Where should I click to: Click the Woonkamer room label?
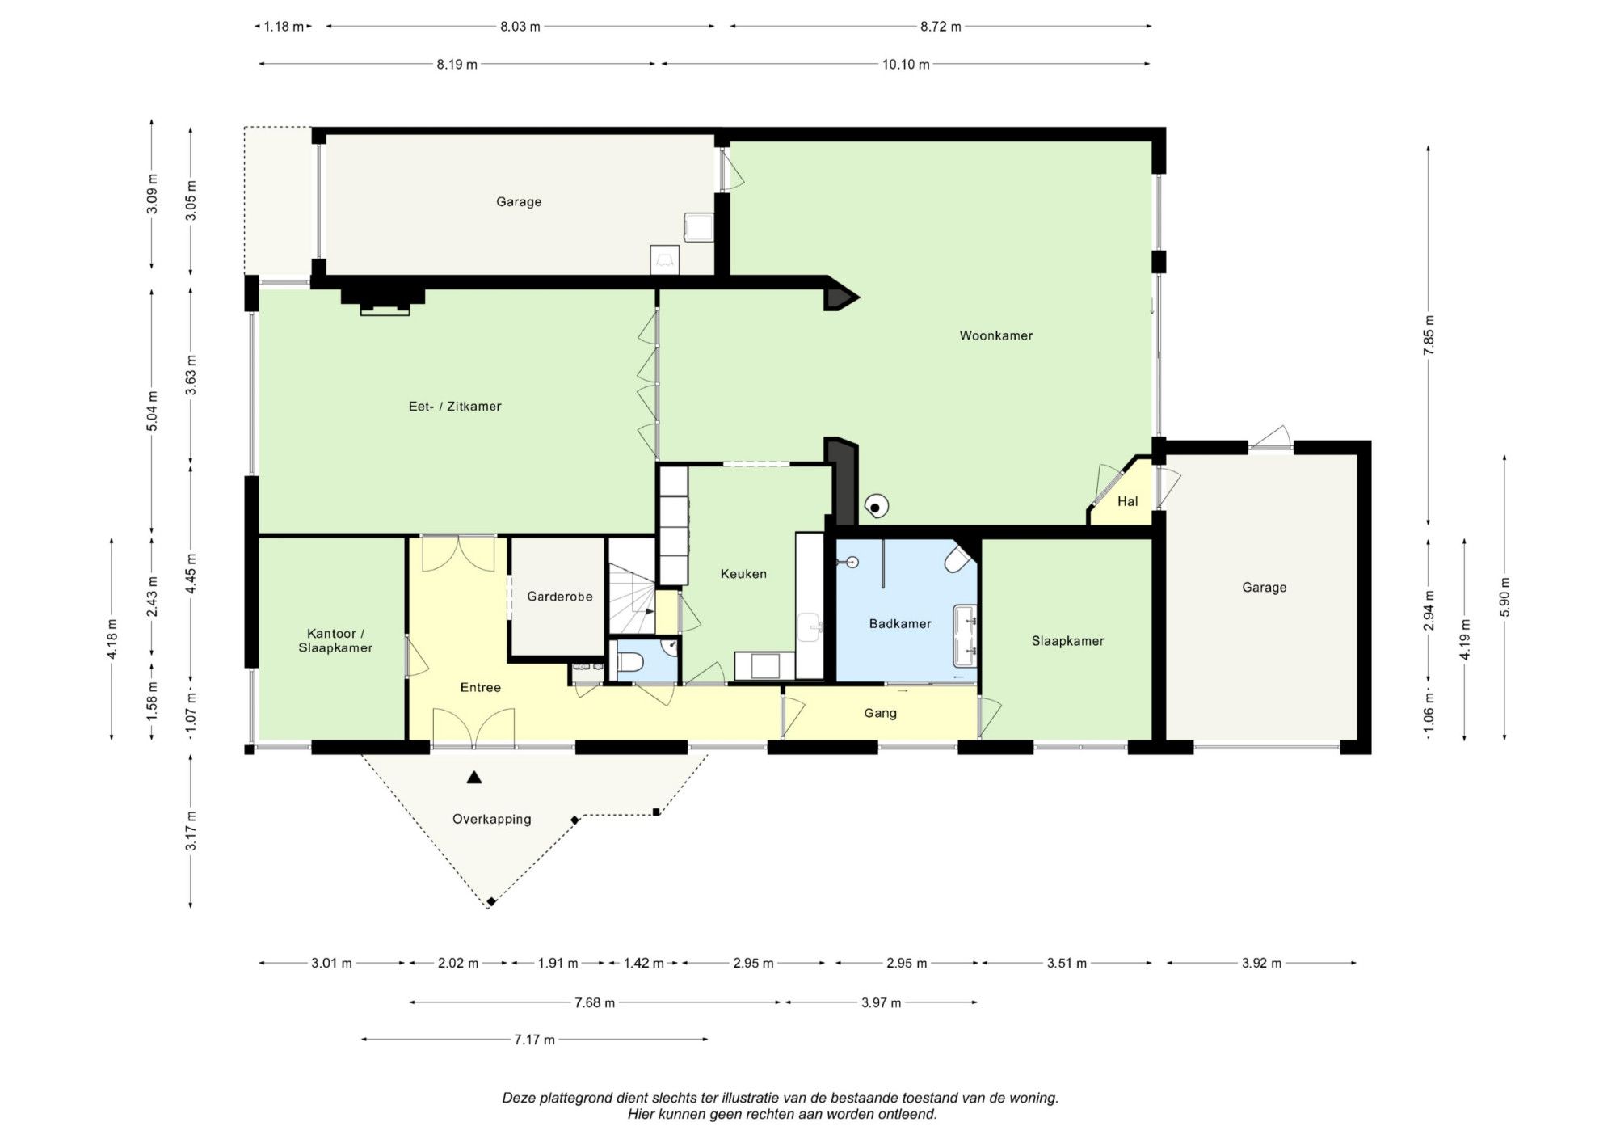(x=996, y=335)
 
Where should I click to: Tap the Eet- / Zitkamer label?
(x=455, y=407)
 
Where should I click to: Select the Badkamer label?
(x=900, y=623)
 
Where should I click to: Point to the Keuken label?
(x=743, y=574)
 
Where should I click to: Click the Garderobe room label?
(x=560, y=597)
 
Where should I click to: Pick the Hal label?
(x=1128, y=501)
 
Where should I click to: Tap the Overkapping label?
(x=492, y=819)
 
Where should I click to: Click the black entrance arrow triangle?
(x=474, y=778)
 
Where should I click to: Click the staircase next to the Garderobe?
(x=631, y=587)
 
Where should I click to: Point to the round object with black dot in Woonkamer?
(x=876, y=507)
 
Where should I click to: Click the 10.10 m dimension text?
(x=906, y=65)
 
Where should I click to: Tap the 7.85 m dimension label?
(x=1429, y=335)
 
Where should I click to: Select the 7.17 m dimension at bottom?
(x=535, y=1040)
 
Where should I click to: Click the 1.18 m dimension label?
(x=284, y=27)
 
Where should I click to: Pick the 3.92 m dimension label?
(x=1261, y=963)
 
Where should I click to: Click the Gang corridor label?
(x=881, y=713)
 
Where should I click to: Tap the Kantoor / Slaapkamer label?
(x=335, y=640)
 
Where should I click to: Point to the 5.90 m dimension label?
(x=1504, y=597)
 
